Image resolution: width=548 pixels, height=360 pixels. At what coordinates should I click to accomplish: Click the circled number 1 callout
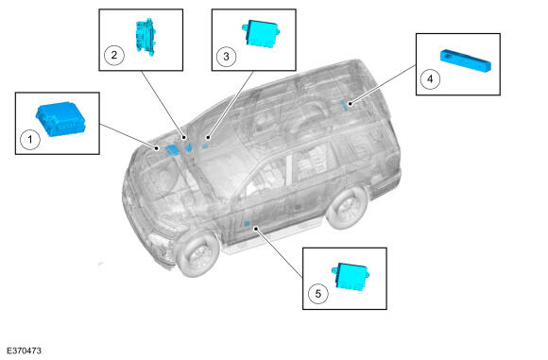[x=30, y=140]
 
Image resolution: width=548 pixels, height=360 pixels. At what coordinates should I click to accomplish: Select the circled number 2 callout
[x=114, y=55]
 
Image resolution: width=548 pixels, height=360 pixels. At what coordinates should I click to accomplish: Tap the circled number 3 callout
[x=226, y=57]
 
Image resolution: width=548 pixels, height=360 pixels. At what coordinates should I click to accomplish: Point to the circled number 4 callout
[x=430, y=79]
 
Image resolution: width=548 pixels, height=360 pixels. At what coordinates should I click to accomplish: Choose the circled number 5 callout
[x=318, y=293]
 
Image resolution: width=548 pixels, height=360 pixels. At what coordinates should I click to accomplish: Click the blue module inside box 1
[x=60, y=119]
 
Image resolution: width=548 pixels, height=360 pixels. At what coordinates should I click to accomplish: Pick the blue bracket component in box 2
[x=146, y=37]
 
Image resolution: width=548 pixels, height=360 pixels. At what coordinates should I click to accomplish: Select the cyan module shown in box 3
[x=261, y=33]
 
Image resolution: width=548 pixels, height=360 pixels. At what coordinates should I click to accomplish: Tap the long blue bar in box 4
[x=465, y=60]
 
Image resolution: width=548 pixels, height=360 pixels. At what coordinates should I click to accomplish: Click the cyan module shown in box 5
[x=351, y=276]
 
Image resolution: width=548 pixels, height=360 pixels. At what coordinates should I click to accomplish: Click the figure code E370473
[x=24, y=351]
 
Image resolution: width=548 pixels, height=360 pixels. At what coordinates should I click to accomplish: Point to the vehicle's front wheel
[x=197, y=253]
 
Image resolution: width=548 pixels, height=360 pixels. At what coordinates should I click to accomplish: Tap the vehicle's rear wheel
[x=347, y=208]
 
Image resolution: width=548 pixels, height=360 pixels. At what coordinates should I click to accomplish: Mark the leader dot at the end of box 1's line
[x=157, y=148]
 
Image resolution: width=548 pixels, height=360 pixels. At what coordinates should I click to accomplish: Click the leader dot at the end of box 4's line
[x=350, y=103]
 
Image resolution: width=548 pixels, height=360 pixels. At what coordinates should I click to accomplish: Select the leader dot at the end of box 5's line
[x=256, y=229]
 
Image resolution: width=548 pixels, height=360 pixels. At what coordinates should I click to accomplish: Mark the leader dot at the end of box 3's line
[x=208, y=137]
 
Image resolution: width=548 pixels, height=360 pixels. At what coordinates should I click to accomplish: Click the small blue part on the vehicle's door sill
[x=247, y=224]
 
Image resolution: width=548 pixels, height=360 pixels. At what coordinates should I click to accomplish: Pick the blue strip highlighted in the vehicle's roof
[x=344, y=105]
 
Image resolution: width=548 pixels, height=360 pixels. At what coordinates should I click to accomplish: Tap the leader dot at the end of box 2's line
[x=184, y=137]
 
